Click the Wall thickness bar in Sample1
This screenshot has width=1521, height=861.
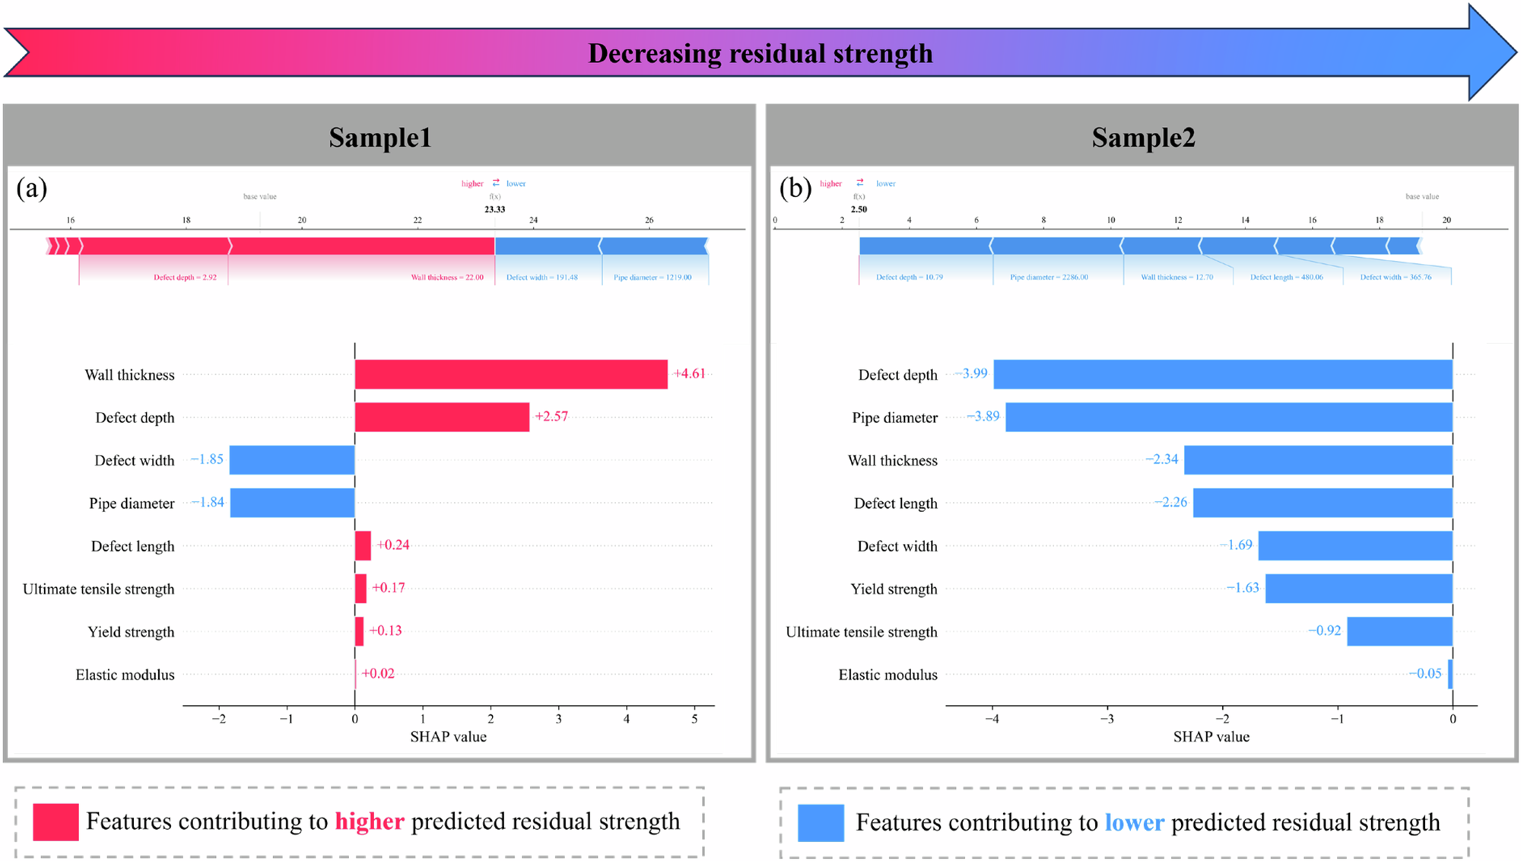(x=511, y=374)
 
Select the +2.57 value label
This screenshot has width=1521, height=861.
(x=551, y=416)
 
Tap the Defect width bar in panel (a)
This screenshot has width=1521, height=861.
(x=292, y=460)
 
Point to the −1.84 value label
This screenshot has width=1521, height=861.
(x=208, y=502)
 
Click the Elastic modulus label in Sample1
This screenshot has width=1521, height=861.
(x=125, y=675)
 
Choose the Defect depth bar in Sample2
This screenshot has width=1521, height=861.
(x=1223, y=374)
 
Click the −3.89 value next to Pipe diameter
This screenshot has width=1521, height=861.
(x=983, y=416)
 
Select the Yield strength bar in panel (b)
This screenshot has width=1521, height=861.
(x=1359, y=589)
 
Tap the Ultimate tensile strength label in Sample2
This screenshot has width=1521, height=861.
(x=861, y=632)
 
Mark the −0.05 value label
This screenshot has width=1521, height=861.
(x=1424, y=673)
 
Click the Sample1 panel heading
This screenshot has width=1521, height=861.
(x=379, y=138)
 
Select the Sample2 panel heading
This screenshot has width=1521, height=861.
(x=1143, y=138)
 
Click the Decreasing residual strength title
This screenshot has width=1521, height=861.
(x=760, y=53)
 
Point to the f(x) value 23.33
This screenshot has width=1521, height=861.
(x=494, y=209)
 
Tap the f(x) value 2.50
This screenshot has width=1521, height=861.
(x=859, y=209)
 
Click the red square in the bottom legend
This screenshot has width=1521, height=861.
(x=56, y=822)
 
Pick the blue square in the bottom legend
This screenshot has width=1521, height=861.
(x=821, y=823)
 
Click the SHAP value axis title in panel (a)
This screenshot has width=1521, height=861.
(x=448, y=736)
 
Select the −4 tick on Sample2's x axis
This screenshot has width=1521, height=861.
(x=992, y=719)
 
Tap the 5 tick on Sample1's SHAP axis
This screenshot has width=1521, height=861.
(x=694, y=719)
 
